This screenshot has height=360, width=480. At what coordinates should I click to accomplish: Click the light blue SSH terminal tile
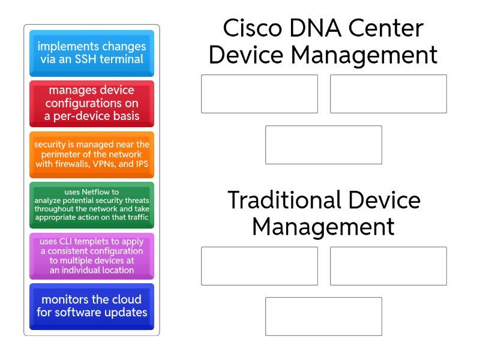91,53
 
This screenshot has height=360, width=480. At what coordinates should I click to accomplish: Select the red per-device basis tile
91,103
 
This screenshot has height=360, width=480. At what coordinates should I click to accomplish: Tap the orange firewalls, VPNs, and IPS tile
91,154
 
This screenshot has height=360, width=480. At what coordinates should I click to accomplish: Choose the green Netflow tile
91,205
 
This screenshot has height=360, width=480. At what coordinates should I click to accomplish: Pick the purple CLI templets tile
91,256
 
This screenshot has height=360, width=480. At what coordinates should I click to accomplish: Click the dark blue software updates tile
91,306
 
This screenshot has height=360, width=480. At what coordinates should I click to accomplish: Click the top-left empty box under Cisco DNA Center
259,94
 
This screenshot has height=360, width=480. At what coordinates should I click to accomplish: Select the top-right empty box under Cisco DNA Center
388,94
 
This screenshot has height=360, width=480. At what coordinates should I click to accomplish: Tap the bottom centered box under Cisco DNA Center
323,145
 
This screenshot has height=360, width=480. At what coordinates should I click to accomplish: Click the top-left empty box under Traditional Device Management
259,266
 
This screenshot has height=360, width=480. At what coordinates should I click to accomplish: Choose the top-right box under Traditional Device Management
388,266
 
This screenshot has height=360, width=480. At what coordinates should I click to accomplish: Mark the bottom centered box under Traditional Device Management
323,316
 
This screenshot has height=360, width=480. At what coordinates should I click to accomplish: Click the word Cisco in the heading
248,28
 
